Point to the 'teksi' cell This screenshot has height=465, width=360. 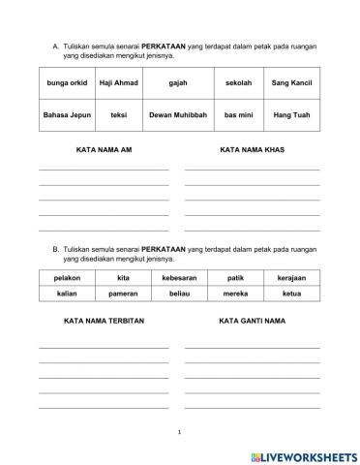[119, 115]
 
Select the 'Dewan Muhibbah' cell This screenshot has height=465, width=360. [177, 115]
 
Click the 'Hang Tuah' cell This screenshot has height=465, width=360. [292, 115]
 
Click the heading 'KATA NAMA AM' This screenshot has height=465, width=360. [103, 150]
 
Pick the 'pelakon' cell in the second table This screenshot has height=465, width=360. [67, 278]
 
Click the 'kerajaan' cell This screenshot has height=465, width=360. [291, 278]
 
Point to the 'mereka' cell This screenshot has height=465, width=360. [235, 292]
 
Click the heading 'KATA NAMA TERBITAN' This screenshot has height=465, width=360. [103, 319]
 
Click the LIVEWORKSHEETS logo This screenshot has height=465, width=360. [303, 454]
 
